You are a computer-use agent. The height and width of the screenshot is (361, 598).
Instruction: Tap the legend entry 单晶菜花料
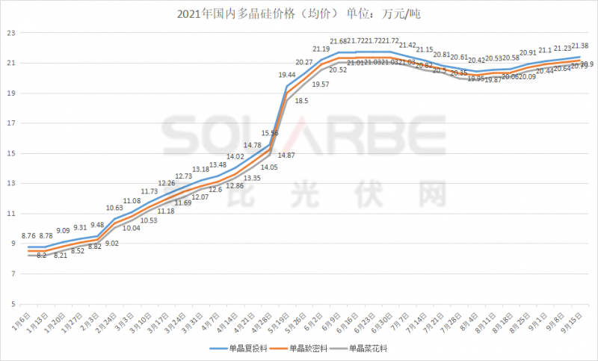coord(370,348)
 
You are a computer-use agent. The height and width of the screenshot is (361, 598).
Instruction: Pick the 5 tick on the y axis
coord(12,305)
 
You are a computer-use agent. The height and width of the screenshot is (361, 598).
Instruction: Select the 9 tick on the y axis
coord(12,244)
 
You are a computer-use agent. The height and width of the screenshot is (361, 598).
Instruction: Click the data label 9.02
coord(112,244)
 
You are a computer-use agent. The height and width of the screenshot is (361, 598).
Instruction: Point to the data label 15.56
coord(268,133)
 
